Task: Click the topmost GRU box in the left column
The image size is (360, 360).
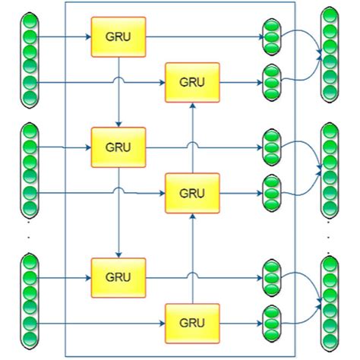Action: (118, 37)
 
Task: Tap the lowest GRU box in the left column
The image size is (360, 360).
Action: (118, 276)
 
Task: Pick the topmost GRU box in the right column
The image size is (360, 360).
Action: (192, 81)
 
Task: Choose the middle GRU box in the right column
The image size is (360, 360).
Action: (192, 192)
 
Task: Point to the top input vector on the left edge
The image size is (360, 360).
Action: (30, 58)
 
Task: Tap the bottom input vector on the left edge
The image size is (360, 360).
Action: (30, 301)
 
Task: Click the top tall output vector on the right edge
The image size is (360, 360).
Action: (329, 55)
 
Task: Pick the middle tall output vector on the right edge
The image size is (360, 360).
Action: (329, 168)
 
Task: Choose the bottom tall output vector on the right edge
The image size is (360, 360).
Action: (329, 301)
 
